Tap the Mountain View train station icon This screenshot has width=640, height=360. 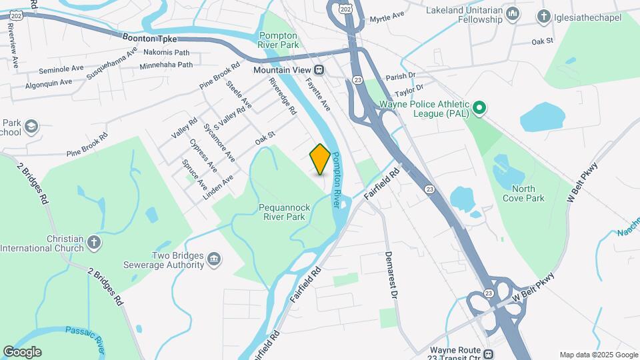click(319, 69)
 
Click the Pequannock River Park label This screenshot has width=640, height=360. click(282, 212)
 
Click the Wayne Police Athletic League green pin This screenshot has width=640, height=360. click(478, 107)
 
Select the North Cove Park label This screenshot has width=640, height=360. click(523, 193)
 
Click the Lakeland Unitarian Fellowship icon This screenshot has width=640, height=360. click(513, 14)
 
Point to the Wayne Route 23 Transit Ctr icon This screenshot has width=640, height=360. click(489, 354)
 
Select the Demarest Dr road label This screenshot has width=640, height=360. click(393, 274)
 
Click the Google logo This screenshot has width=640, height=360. click(22, 352)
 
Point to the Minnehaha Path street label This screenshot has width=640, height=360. click(166, 65)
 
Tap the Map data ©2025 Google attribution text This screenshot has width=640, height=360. click(598, 355)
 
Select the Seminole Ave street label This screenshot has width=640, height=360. click(61, 69)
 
